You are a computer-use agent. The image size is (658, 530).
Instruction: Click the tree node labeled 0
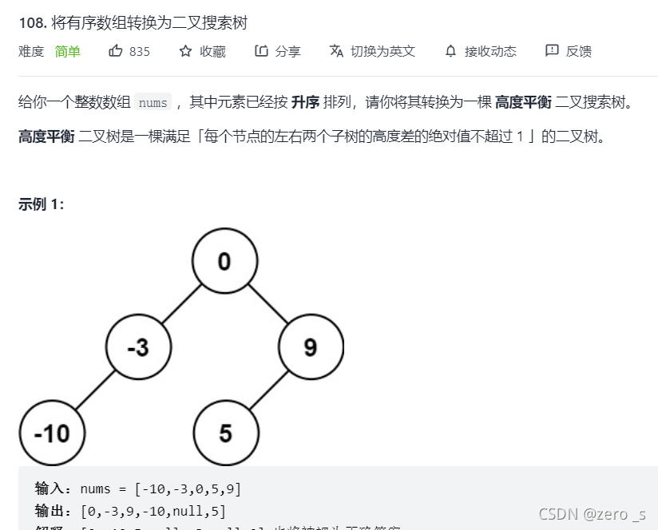(x=224, y=261)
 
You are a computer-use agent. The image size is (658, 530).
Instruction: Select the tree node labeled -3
(x=138, y=347)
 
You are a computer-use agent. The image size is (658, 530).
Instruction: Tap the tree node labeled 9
(x=311, y=347)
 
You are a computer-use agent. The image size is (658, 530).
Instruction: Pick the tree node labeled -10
(x=52, y=433)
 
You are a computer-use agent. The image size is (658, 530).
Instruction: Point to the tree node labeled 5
(x=225, y=433)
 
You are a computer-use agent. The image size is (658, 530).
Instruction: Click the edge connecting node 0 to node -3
(x=181, y=304)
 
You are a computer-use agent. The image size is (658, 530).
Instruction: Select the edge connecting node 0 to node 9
(x=268, y=304)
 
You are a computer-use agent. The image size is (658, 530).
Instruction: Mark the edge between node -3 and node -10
(x=95, y=390)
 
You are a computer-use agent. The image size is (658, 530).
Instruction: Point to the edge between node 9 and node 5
(x=268, y=390)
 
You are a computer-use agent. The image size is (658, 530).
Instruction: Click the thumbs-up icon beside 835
(x=116, y=51)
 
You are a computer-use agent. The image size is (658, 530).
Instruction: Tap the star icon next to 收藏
(x=185, y=51)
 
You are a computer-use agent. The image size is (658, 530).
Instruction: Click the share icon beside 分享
(x=261, y=51)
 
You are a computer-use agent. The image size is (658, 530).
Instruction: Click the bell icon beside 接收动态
(x=450, y=51)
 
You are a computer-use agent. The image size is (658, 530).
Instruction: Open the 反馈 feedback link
(x=568, y=51)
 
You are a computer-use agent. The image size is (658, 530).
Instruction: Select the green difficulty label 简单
(x=68, y=51)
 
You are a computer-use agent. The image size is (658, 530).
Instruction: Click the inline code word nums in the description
(x=153, y=103)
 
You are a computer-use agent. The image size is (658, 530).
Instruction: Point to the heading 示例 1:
(x=41, y=204)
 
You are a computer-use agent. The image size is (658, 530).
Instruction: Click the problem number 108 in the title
(x=33, y=22)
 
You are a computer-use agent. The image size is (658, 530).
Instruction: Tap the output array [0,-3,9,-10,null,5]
(x=153, y=511)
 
